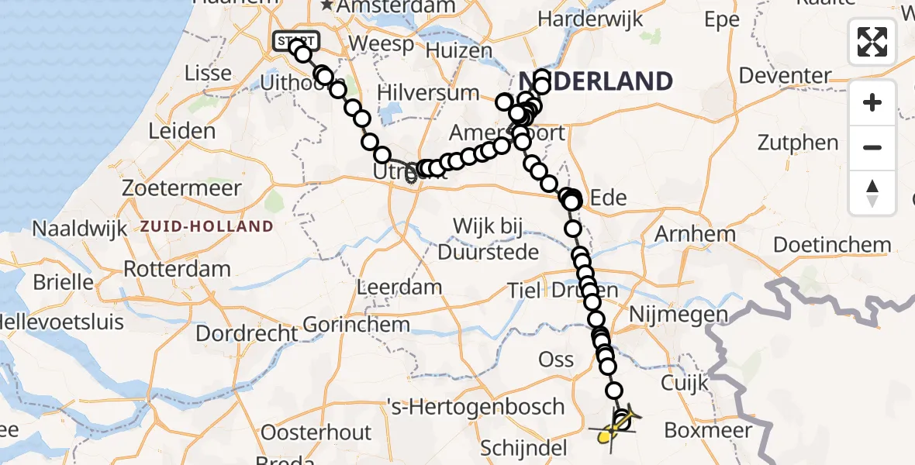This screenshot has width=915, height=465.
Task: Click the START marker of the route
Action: coord(295,40)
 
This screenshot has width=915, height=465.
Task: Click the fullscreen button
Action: coord(872,41)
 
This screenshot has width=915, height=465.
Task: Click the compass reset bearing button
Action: coord(872,192)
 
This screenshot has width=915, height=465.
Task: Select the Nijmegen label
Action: coord(679,315)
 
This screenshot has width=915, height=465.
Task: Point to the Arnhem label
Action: coord(695,234)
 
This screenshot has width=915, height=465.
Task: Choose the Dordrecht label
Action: coord(247,334)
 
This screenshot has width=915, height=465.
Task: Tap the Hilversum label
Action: coord(428,93)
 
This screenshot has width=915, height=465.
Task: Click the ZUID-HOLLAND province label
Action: coord(207,227)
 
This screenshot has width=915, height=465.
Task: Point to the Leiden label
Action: coord(181,130)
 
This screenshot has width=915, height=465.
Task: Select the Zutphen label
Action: coord(799,143)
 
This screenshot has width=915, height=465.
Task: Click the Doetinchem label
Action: coord(832,246)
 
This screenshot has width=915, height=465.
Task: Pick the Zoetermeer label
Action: coord(181,188)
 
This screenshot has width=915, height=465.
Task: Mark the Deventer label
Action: coord(785,76)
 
